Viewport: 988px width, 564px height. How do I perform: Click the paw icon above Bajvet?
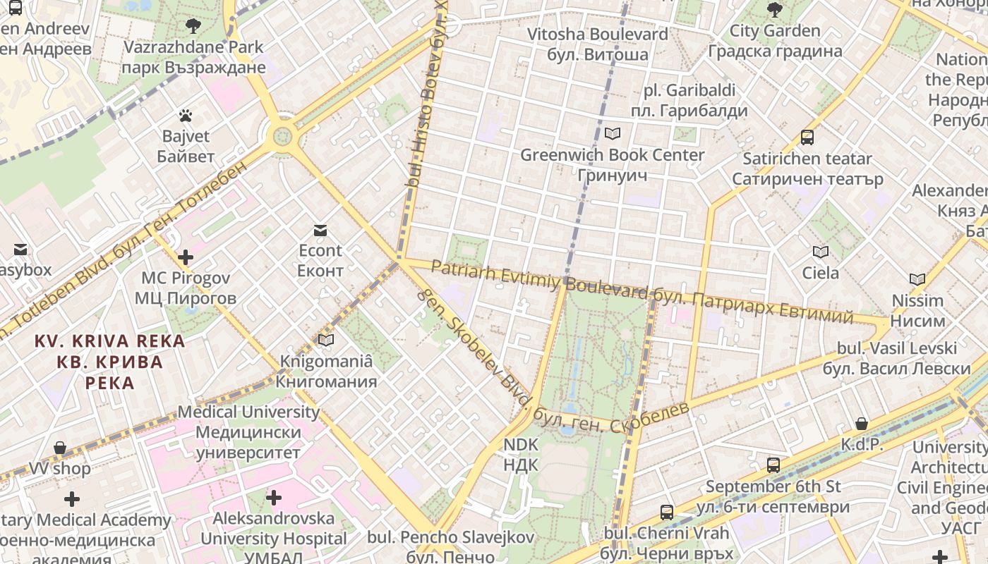186,115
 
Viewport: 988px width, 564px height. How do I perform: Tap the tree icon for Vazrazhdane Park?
193,27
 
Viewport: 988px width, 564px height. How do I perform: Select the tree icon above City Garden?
774,10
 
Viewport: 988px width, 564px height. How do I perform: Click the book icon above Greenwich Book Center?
612,133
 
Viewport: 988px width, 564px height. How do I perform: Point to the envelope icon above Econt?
320,230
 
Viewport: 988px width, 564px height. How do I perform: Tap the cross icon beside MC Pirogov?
186,257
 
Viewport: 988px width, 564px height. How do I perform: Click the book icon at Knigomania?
325,341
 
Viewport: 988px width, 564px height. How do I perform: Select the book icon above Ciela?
820,252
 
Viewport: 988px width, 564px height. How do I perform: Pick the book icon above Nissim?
917,279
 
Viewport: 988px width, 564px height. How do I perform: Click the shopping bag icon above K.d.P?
861,424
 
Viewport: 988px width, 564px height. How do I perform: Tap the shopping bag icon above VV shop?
60,448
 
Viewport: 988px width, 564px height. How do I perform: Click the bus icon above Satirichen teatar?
807,137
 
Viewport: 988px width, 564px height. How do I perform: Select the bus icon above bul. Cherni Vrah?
666,513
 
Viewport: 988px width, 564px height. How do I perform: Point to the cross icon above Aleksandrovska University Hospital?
273,498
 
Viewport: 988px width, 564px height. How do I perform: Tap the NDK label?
520,455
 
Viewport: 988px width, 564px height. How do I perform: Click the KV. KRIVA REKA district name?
109,362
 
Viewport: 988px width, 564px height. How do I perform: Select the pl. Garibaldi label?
689,100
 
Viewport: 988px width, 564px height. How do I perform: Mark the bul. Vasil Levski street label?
896,358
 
